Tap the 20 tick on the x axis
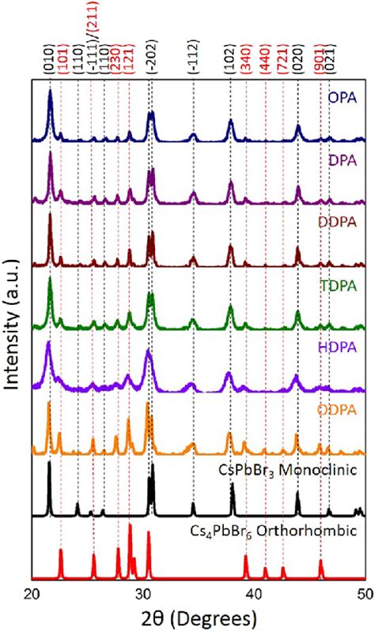pos(32,593)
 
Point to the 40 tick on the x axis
pos(254,593)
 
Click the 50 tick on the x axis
pos(363,593)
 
